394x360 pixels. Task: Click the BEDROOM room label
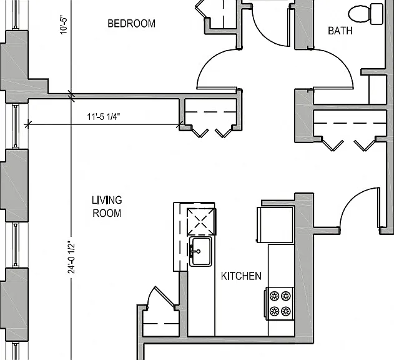pyautogui.click(x=131, y=23)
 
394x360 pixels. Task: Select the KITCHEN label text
pyautogui.click(x=241, y=276)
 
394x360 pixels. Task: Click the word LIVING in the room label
pyautogui.click(x=107, y=200)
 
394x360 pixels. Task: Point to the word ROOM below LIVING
pyautogui.click(x=107, y=213)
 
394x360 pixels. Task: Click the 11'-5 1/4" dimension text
pyautogui.click(x=104, y=117)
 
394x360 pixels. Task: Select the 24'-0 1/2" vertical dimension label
pyautogui.click(x=71, y=258)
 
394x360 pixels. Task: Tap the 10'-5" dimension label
pyautogui.click(x=64, y=26)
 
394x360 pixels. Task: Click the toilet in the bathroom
pyautogui.click(x=366, y=14)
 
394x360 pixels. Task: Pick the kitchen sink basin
pyautogui.click(x=200, y=251)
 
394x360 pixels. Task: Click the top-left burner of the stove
pyautogui.click(x=274, y=296)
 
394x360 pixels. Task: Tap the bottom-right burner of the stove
pyautogui.click(x=286, y=311)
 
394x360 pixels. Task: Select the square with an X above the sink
pyautogui.click(x=201, y=222)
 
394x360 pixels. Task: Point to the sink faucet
pyautogui.click(x=194, y=251)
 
